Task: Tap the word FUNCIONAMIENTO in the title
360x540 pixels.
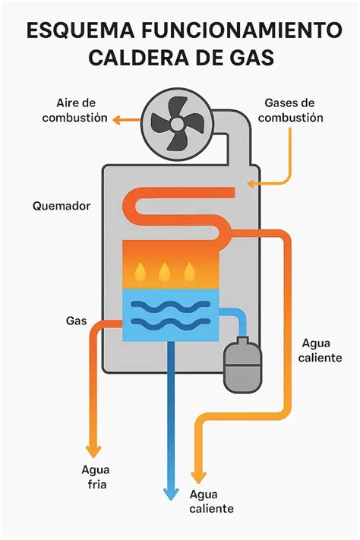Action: [244, 31]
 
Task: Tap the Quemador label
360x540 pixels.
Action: [62, 206]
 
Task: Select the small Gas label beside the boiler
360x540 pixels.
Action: [76, 321]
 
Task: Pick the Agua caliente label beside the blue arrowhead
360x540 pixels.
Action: [211, 501]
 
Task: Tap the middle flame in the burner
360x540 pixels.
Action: [164, 270]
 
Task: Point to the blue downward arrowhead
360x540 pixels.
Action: [172, 493]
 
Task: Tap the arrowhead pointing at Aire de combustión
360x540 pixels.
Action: [118, 119]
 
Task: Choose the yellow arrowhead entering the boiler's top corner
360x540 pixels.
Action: [250, 183]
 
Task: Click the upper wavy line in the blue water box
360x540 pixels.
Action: [172, 308]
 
